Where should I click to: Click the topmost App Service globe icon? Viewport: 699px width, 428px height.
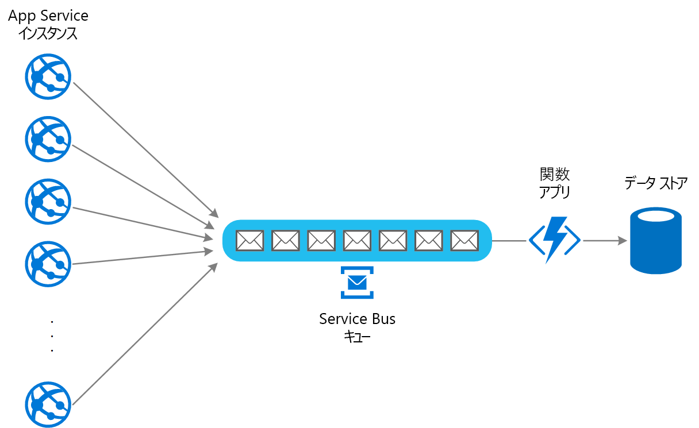48,77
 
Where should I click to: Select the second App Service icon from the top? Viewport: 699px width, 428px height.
48,139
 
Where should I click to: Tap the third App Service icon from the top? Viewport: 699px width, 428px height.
48,202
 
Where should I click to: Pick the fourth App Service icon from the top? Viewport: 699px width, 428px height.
48,264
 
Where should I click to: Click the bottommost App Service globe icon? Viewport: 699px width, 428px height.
48,404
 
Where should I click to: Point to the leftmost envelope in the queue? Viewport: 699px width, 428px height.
250,241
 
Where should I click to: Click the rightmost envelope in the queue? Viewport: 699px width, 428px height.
464,241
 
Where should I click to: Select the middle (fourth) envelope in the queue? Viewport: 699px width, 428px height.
358,241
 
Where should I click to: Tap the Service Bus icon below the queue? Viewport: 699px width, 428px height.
357,283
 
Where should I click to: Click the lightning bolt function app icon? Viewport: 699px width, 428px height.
555,240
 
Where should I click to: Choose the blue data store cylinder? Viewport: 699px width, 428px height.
656,240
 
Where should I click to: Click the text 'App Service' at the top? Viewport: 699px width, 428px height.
48,16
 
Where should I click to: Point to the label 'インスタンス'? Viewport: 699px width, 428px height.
48,34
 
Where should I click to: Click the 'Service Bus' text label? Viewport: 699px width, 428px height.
357,319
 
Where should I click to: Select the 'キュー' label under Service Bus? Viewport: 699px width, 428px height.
357,337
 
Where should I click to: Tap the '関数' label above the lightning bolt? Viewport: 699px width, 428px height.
555,174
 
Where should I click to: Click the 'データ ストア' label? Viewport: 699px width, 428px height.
656,183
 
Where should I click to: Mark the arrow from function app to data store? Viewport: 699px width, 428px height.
605,241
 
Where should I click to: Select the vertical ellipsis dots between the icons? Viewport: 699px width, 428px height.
52,335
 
